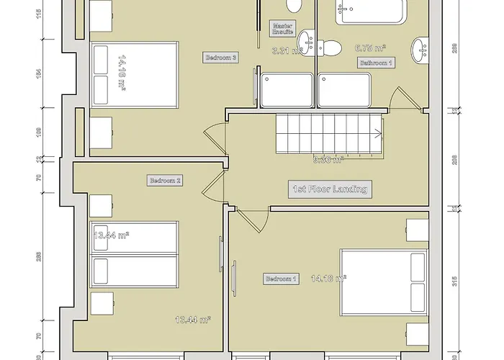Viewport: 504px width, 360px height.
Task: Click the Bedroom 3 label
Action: [x=221, y=57]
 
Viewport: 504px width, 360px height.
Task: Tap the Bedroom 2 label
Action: [x=164, y=181]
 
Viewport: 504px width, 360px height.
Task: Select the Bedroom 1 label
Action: [x=281, y=279]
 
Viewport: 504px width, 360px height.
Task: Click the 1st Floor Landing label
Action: [x=330, y=189]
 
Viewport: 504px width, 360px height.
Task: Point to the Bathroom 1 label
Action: [x=377, y=63]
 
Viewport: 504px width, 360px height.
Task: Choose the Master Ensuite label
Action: [x=283, y=28]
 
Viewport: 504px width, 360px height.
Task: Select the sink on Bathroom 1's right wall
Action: [x=420, y=49]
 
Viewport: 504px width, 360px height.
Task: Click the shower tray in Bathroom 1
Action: [x=344, y=90]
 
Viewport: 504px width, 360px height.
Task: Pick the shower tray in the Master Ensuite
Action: [x=286, y=90]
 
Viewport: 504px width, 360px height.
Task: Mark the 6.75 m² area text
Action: [x=370, y=48]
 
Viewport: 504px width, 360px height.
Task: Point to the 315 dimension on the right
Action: [x=453, y=281]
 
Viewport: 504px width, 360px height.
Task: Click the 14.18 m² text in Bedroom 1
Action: [x=328, y=277]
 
